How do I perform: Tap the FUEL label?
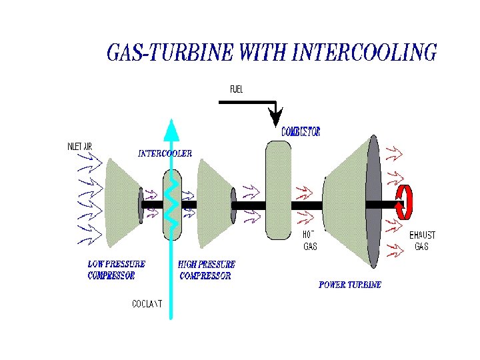[x=237, y=89]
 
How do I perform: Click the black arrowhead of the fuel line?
[x=275, y=119]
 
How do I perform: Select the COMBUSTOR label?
[x=301, y=132]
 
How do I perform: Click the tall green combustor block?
[x=278, y=190]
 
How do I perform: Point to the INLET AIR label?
[x=84, y=147]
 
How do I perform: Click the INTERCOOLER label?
[x=165, y=153]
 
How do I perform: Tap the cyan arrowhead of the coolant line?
[x=171, y=129]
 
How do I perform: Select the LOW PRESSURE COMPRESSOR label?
[x=116, y=270]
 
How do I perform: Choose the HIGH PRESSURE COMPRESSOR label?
[x=207, y=270]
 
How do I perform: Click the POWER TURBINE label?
[x=350, y=285]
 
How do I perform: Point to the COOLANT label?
[x=147, y=304]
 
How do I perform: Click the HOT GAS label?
[x=310, y=241]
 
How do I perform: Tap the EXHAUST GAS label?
[x=422, y=241]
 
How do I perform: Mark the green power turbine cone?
[x=347, y=200]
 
